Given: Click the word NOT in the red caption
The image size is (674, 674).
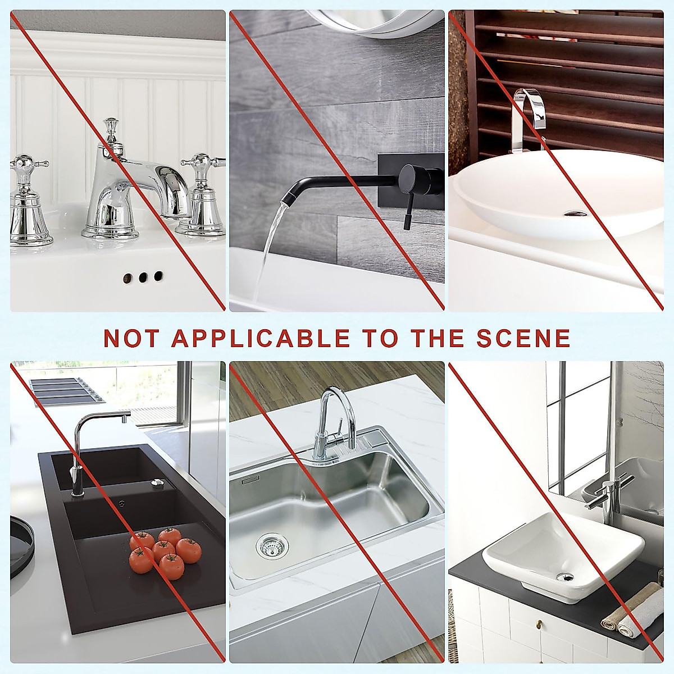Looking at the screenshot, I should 131,338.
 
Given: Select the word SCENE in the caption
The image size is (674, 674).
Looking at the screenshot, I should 523,338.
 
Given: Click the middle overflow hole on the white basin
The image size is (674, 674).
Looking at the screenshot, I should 143,277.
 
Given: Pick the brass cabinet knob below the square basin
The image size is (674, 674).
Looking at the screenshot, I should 538,638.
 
